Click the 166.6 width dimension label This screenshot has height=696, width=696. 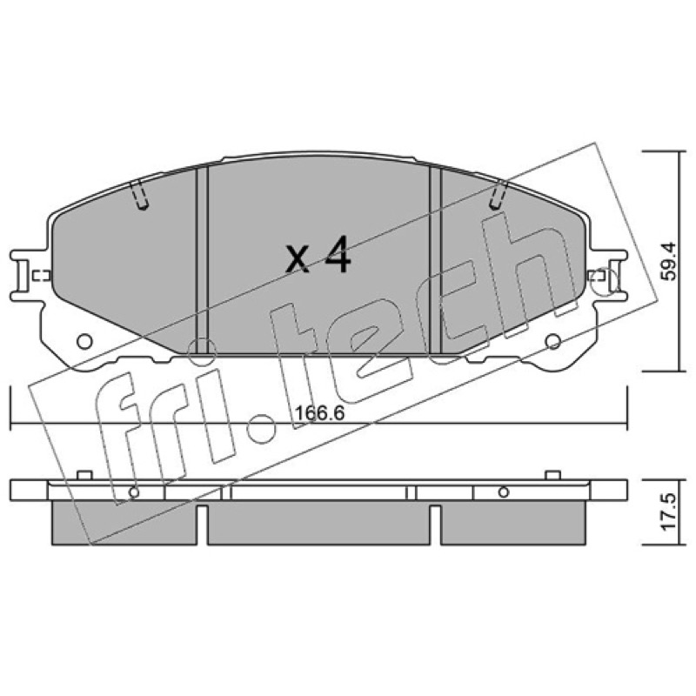(x=319, y=413)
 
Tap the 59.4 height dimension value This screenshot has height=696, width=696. (x=668, y=261)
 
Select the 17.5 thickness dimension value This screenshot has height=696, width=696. (x=668, y=512)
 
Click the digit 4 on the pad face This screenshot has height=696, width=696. (x=338, y=254)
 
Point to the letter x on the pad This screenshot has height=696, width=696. (x=298, y=258)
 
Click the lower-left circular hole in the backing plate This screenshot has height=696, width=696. (x=84, y=341)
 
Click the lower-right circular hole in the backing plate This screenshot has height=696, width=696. (x=552, y=341)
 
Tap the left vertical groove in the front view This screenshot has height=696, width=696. (x=202, y=259)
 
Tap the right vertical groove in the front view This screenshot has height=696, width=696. (x=436, y=259)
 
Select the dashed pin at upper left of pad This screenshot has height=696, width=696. (x=139, y=194)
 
